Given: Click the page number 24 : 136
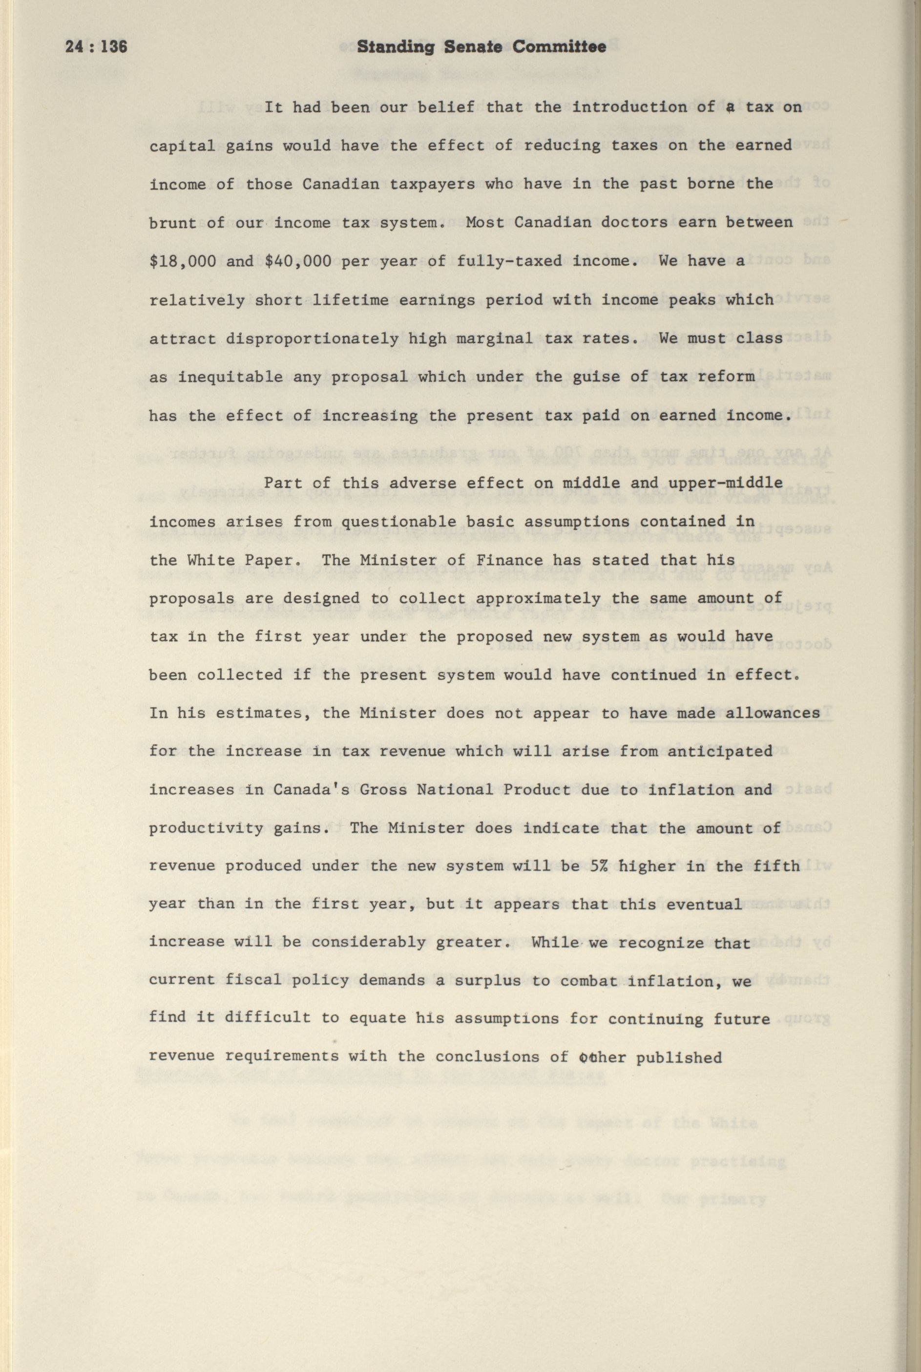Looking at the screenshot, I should tap(96, 47).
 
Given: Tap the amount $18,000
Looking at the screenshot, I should tap(183, 261).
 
